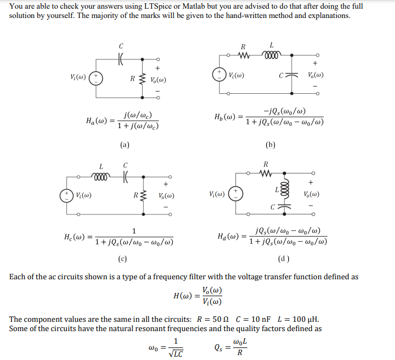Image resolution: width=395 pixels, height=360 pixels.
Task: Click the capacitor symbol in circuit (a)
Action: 121,57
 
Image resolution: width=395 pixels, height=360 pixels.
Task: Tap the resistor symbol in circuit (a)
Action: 143,79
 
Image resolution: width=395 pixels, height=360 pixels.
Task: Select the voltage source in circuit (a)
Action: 96,78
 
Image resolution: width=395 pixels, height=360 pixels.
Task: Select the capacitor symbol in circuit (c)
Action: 125,176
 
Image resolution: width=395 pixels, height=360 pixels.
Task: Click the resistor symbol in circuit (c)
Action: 144,195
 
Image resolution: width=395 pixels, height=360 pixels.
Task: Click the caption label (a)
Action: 125,145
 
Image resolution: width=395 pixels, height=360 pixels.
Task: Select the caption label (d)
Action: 284,258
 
